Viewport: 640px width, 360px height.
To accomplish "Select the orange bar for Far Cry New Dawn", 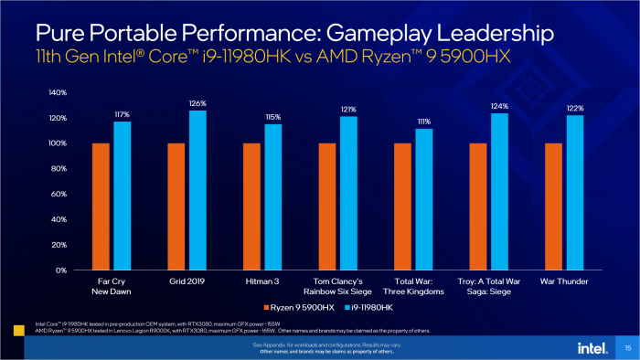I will (x=101, y=206).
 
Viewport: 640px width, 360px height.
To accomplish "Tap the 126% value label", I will (x=197, y=102).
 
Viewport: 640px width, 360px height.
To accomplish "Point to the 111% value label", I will (x=424, y=122).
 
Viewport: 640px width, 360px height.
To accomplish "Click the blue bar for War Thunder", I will (x=574, y=193).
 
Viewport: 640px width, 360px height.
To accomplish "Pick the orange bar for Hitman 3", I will (x=251, y=206).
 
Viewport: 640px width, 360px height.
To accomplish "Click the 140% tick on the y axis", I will (x=56, y=92).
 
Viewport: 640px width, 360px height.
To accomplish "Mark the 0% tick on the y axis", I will (x=59, y=270).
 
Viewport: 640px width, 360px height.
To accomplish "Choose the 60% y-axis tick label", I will (x=58, y=195).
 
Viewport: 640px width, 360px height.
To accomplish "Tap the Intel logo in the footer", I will (x=590, y=348).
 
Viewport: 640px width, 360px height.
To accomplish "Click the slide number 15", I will (x=627, y=348).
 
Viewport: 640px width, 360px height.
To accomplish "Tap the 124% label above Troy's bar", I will (x=499, y=106).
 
